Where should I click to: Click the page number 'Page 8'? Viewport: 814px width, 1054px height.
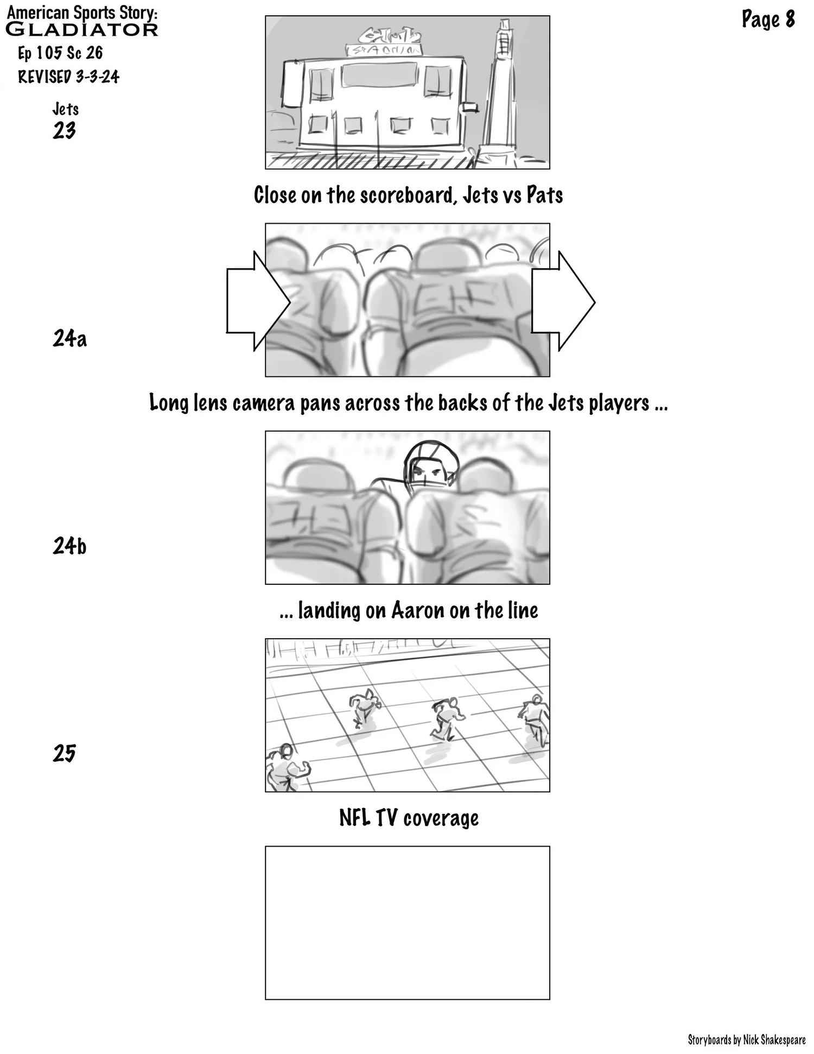pos(768,20)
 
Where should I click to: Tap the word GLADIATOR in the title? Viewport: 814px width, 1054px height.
pos(81,30)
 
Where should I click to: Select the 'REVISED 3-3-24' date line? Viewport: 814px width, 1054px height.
pos(68,77)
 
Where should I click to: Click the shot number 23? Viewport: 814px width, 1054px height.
pos(64,131)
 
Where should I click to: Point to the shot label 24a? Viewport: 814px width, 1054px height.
pos(69,338)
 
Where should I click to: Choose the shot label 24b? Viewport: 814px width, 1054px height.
pos(69,546)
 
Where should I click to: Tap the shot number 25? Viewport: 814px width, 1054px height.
pos(64,753)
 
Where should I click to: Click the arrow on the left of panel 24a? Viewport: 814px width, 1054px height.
pos(256,301)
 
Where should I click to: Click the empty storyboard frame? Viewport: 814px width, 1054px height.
pos(407,923)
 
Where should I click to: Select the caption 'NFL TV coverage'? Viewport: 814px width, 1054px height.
pos(409,818)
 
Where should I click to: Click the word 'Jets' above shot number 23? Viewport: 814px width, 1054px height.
pos(65,109)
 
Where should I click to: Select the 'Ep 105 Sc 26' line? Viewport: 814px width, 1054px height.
pos(60,53)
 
